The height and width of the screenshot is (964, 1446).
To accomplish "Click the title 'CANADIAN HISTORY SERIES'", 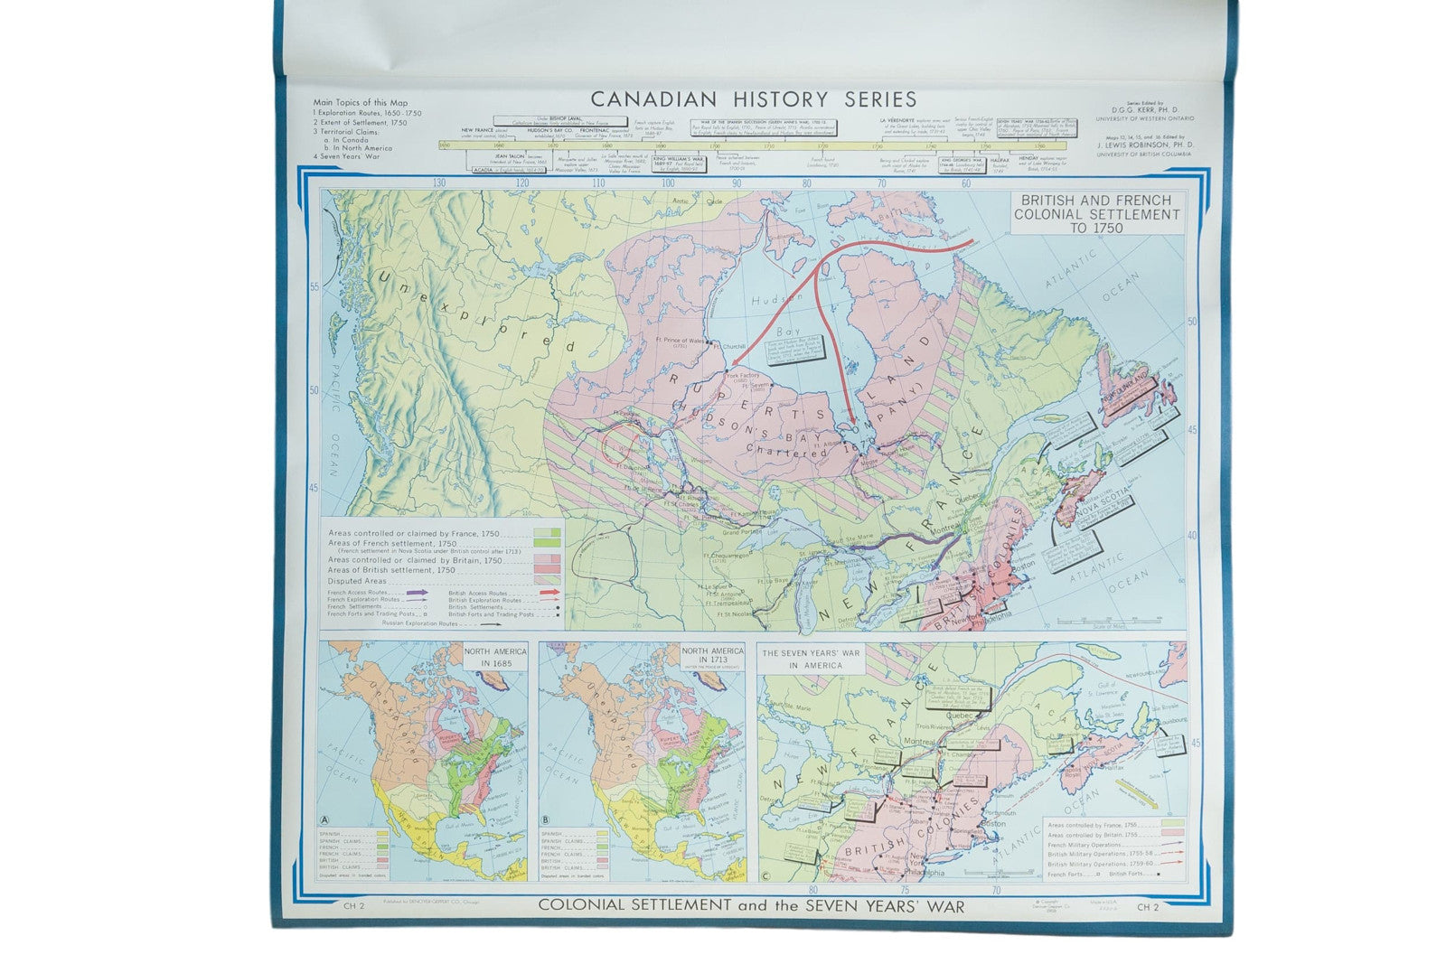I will pyautogui.click(x=753, y=99).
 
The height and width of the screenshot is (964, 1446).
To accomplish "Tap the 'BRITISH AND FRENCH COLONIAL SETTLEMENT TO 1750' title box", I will pyautogui.click(x=1095, y=214).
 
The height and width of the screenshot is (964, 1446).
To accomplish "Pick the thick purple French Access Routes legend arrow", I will pyautogui.click(x=416, y=592).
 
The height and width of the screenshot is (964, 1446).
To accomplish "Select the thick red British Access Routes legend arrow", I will pyautogui.click(x=548, y=592).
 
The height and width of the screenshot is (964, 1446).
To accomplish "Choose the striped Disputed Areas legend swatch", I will pyautogui.click(x=548, y=581).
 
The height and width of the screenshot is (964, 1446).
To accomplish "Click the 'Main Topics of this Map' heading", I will pyautogui.click(x=360, y=103).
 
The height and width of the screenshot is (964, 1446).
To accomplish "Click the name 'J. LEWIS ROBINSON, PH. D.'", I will pyautogui.click(x=1144, y=145).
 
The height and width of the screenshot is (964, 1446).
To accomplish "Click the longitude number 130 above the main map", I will pyautogui.click(x=439, y=183).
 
